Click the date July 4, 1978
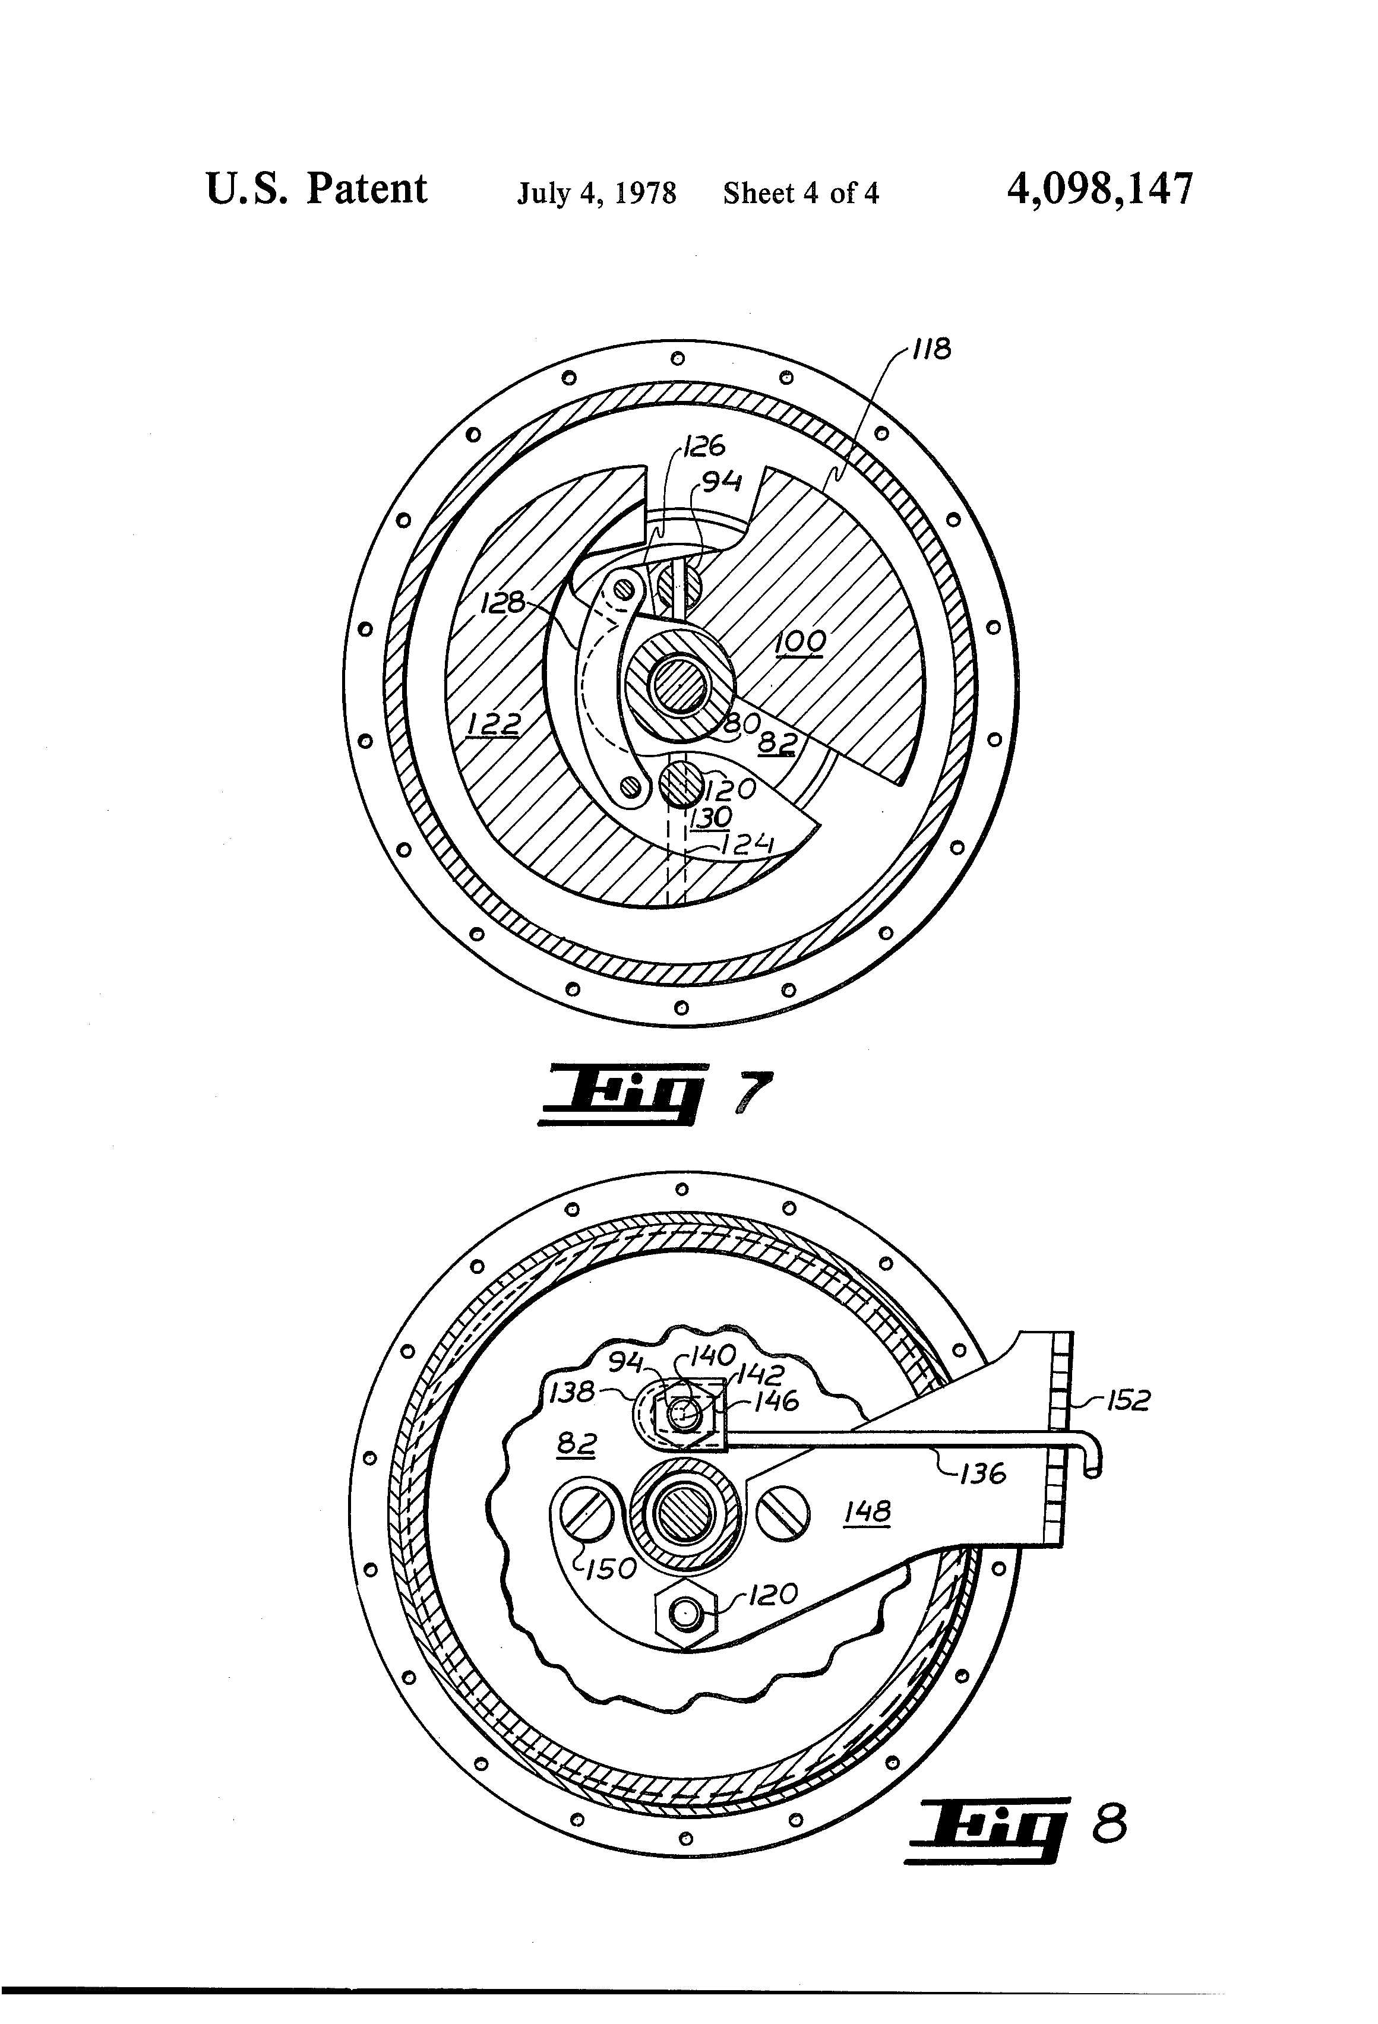597,192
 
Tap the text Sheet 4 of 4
801,192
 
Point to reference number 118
931,350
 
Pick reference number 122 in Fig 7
493,723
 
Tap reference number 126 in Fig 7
704,446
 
